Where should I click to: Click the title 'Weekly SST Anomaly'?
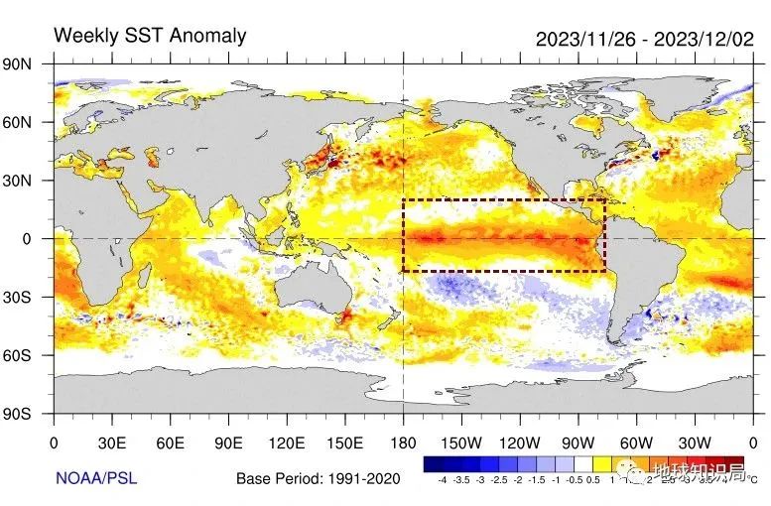[150, 36]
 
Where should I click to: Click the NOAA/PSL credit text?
[95, 479]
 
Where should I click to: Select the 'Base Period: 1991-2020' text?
[318, 479]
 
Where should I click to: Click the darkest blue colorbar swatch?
[433, 464]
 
